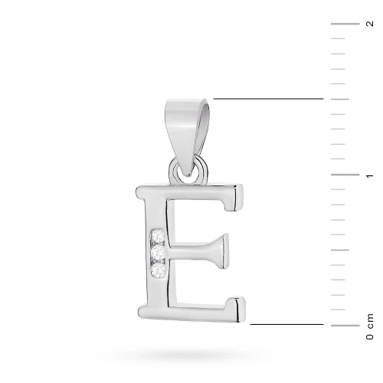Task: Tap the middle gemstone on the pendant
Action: pyautogui.click(x=158, y=253)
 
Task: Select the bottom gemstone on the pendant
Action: pyautogui.click(x=158, y=270)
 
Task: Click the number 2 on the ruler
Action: pyautogui.click(x=370, y=24)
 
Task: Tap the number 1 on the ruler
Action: pyautogui.click(x=370, y=175)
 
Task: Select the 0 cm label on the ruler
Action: pyautogui.click(x=370, y=326)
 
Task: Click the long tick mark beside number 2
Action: pyautogui.click(x=345, y=24)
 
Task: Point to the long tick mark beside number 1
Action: pyautogui.click(x=345, y=175)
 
